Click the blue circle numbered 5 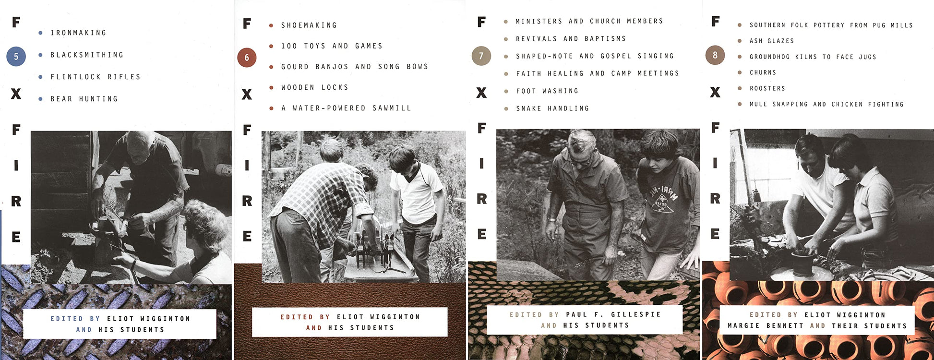[16, 57]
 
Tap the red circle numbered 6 [247, 58]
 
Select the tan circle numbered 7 [481, 56]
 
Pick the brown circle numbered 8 [715, 55]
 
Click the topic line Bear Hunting [84, 99]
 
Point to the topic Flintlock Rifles [96, 77]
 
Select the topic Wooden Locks [315, 87]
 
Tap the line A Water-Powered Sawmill [347, 108]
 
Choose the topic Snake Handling [552, 108]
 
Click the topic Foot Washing [547, 91]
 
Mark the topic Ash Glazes [772, 41]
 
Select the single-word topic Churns [763, 72]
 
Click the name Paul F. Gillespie [613, 314]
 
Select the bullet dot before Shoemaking [271, 25]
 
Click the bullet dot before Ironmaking [40, 33]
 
